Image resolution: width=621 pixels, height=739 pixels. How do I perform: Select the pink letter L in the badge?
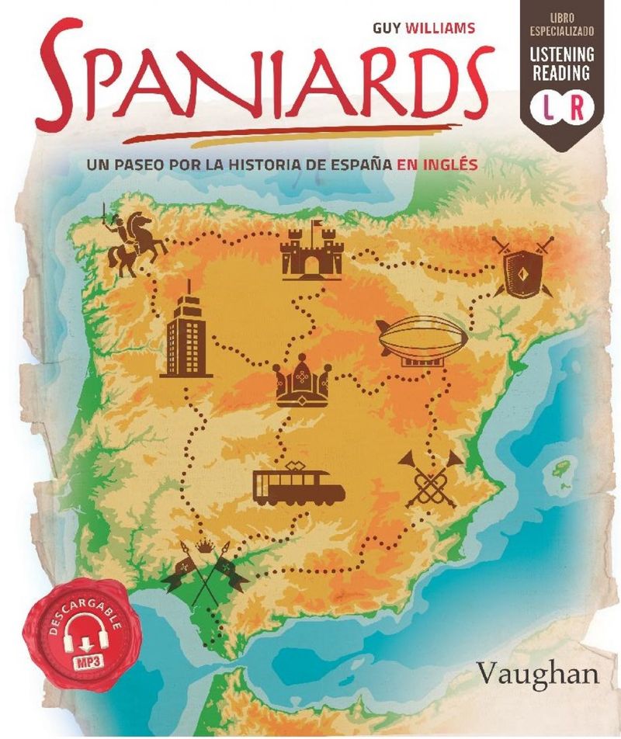[548, 107]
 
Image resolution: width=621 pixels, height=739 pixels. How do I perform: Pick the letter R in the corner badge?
[577, 107]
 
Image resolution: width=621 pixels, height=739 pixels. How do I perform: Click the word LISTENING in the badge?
[562, 55]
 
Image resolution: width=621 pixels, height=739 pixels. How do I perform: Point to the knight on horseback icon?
[134, 238]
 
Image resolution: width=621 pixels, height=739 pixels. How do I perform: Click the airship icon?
[422, 342]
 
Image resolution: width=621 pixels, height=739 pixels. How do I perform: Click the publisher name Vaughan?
[538, 673]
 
